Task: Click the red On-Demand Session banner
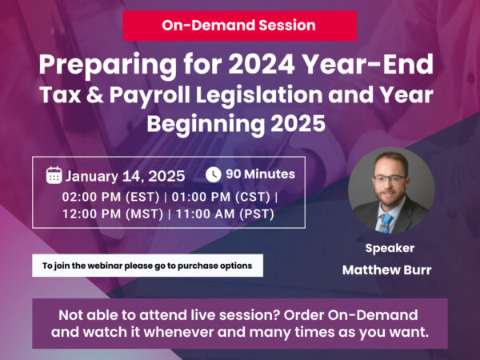238,25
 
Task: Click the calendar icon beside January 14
54,176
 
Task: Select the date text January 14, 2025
125,176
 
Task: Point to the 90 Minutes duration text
260,174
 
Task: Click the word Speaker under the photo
389,247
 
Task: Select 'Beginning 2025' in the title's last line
239,124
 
